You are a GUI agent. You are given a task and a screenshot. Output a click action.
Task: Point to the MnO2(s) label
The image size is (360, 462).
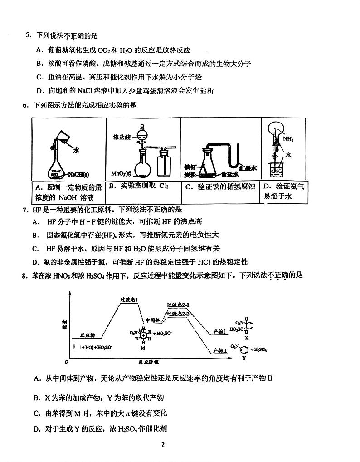point(121,173)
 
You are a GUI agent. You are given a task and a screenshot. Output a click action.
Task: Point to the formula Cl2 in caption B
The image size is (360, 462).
point(164,186)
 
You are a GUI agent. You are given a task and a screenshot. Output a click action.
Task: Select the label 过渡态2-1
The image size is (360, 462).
point(178,305)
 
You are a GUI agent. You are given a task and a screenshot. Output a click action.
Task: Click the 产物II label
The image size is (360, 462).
point(220,350)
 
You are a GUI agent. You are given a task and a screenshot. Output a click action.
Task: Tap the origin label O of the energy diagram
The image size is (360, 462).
point(67,362)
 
